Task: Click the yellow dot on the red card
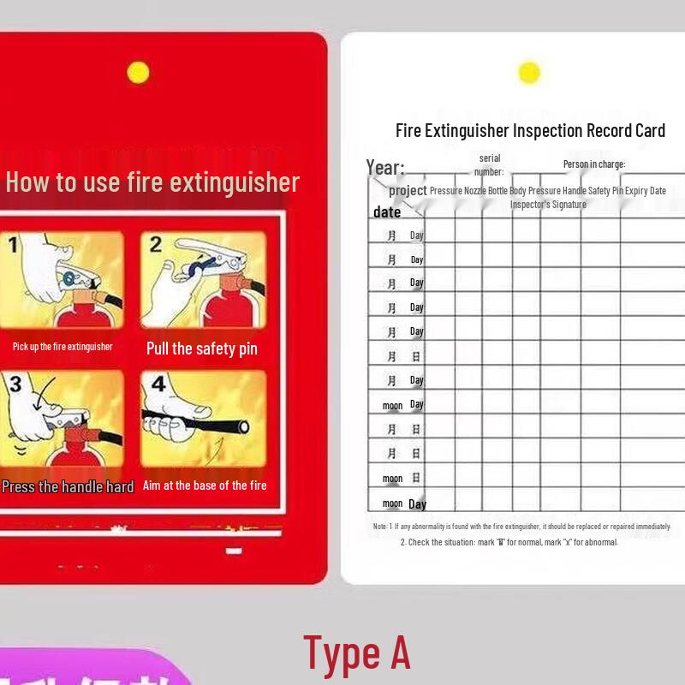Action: (x=138, y=73)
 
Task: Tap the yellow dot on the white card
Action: (x=529, y=73)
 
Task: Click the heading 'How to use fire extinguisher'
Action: (x=152, y=182)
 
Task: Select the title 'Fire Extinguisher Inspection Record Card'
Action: (x=530, y=131)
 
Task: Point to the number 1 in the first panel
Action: (x=13, y=247)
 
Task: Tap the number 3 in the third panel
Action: (x=15, y=384)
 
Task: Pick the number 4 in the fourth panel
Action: (x=158, y=384)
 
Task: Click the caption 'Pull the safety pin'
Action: (x=202, y=348)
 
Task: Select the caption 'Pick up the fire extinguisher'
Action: (x=63, y=347)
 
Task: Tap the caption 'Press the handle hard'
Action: (x=68, y=486)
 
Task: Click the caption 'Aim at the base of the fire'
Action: (x=205, y=485)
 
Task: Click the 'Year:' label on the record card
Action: (x=385, y=167)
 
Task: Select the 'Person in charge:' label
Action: (x=594, y=164)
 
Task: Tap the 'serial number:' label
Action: (x=490, y=165)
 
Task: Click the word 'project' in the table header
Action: (x=408, y=190)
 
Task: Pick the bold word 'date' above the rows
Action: (x=387, y=212)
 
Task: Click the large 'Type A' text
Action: (x=357, y=653)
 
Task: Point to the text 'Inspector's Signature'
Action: (x=548, y=205)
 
